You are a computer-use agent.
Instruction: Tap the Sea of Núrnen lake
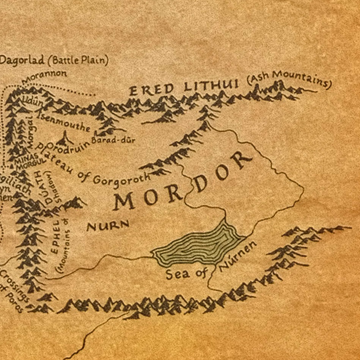click(x=197, y=245)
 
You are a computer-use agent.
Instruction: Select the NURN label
click(x=108, y=226)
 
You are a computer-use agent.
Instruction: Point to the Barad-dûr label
click(x=113, y=140)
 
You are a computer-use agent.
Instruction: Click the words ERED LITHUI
click(x=184, y=87)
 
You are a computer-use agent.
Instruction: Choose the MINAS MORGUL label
click(x=27, y=161)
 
